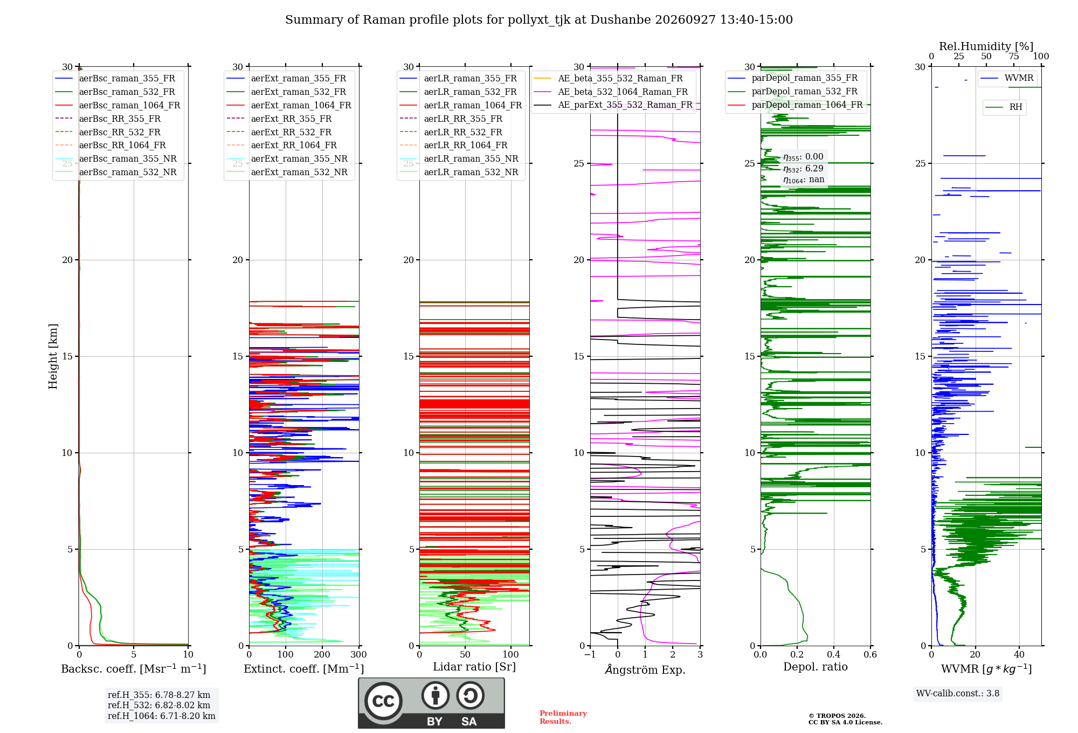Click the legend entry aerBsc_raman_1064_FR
pos(118,105)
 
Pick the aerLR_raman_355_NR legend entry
pos(459,158)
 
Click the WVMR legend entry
pos(1007,78)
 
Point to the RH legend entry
pos(1004,107)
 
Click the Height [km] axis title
pos(53,356)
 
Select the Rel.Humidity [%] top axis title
pos(986,46)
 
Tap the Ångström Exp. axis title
pos(645,669)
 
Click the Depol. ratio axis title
pos(816,667)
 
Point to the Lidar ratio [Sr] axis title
pos(474,667)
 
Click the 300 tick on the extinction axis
pos(359,654)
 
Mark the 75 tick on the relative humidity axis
pos(1014,57)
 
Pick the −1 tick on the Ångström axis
pos(590,654)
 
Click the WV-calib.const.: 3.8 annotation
pos(958,693)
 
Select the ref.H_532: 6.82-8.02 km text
pos(159,705)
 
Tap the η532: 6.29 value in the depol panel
pos(803,168)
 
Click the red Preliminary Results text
pos(563,717)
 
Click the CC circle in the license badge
pos(383,701)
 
